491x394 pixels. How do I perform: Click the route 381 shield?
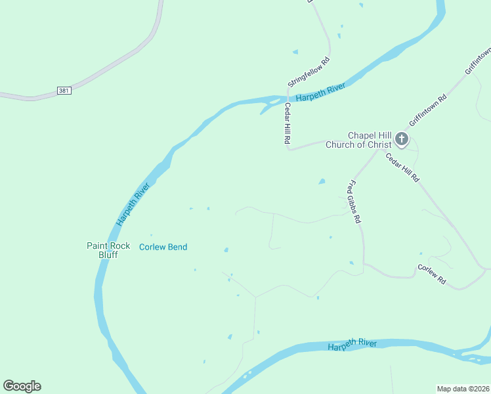[64, 90]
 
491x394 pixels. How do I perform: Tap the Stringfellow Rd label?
[309, 72]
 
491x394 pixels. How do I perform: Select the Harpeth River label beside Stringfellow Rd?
[320, 92]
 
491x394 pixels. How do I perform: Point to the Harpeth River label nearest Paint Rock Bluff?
[133, 204]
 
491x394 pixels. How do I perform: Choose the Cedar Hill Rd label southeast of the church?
[402, 168]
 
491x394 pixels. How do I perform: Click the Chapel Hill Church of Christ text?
[359, 140]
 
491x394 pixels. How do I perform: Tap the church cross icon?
[402, 139]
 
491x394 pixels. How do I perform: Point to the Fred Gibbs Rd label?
[354, 202]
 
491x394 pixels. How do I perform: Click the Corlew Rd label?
[432, 274]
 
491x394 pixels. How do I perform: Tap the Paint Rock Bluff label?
[108, 250]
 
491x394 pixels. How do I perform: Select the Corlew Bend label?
[163, 247]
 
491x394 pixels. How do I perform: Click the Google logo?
[22, 386]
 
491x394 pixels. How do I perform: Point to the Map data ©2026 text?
[463, 388]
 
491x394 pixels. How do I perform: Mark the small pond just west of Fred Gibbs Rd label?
[322, 181]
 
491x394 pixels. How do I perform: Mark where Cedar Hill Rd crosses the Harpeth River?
[287, 99]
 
